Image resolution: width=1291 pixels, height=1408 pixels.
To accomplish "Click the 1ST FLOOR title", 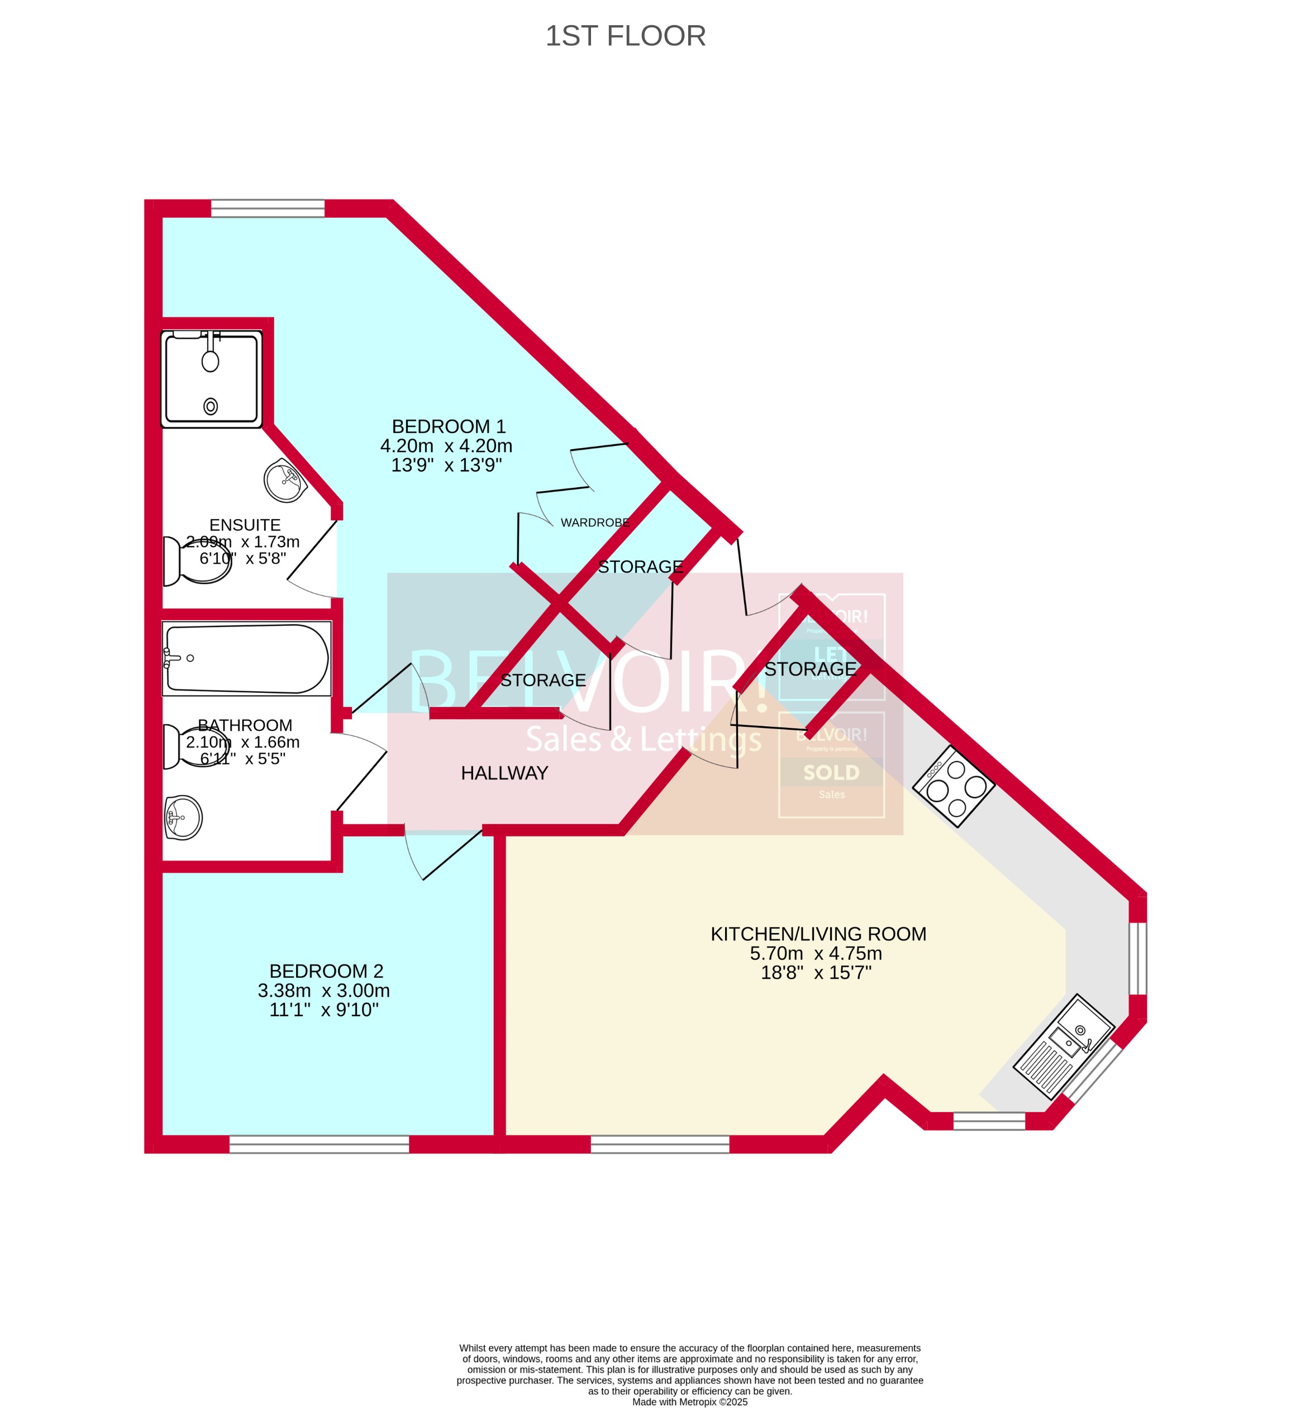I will (x=625, y=36).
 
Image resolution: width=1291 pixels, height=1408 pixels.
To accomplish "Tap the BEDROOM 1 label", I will (x=448, y=426).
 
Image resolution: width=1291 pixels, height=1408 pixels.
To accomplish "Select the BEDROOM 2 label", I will (x=326, y=971).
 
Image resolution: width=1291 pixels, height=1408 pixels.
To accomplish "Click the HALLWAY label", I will (x=504, y=773).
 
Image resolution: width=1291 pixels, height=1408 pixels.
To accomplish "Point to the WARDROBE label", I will (x=594, y=522).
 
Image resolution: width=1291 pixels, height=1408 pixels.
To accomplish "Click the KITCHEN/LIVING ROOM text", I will (x=818, y=934).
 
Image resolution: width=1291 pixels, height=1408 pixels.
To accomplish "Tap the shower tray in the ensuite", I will (x=212, y=379).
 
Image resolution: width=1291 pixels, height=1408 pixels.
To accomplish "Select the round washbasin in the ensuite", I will (x=285, y=480).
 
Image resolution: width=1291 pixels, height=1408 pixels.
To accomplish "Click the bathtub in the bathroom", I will (x=246, y=659).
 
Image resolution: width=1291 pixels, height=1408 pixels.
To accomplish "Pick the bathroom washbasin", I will (x=184, y=817).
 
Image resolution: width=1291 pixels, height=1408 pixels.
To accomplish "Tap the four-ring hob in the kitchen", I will (x=954, y=787).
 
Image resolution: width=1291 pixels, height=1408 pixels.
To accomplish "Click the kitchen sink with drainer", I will (x=1063, y=1045).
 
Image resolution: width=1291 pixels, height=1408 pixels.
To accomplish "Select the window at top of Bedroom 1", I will (x=268, y=208).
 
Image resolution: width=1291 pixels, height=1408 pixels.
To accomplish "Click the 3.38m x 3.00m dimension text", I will (x=323, y=990).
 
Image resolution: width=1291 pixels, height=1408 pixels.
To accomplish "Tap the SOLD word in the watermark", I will (x=831, y=773).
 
